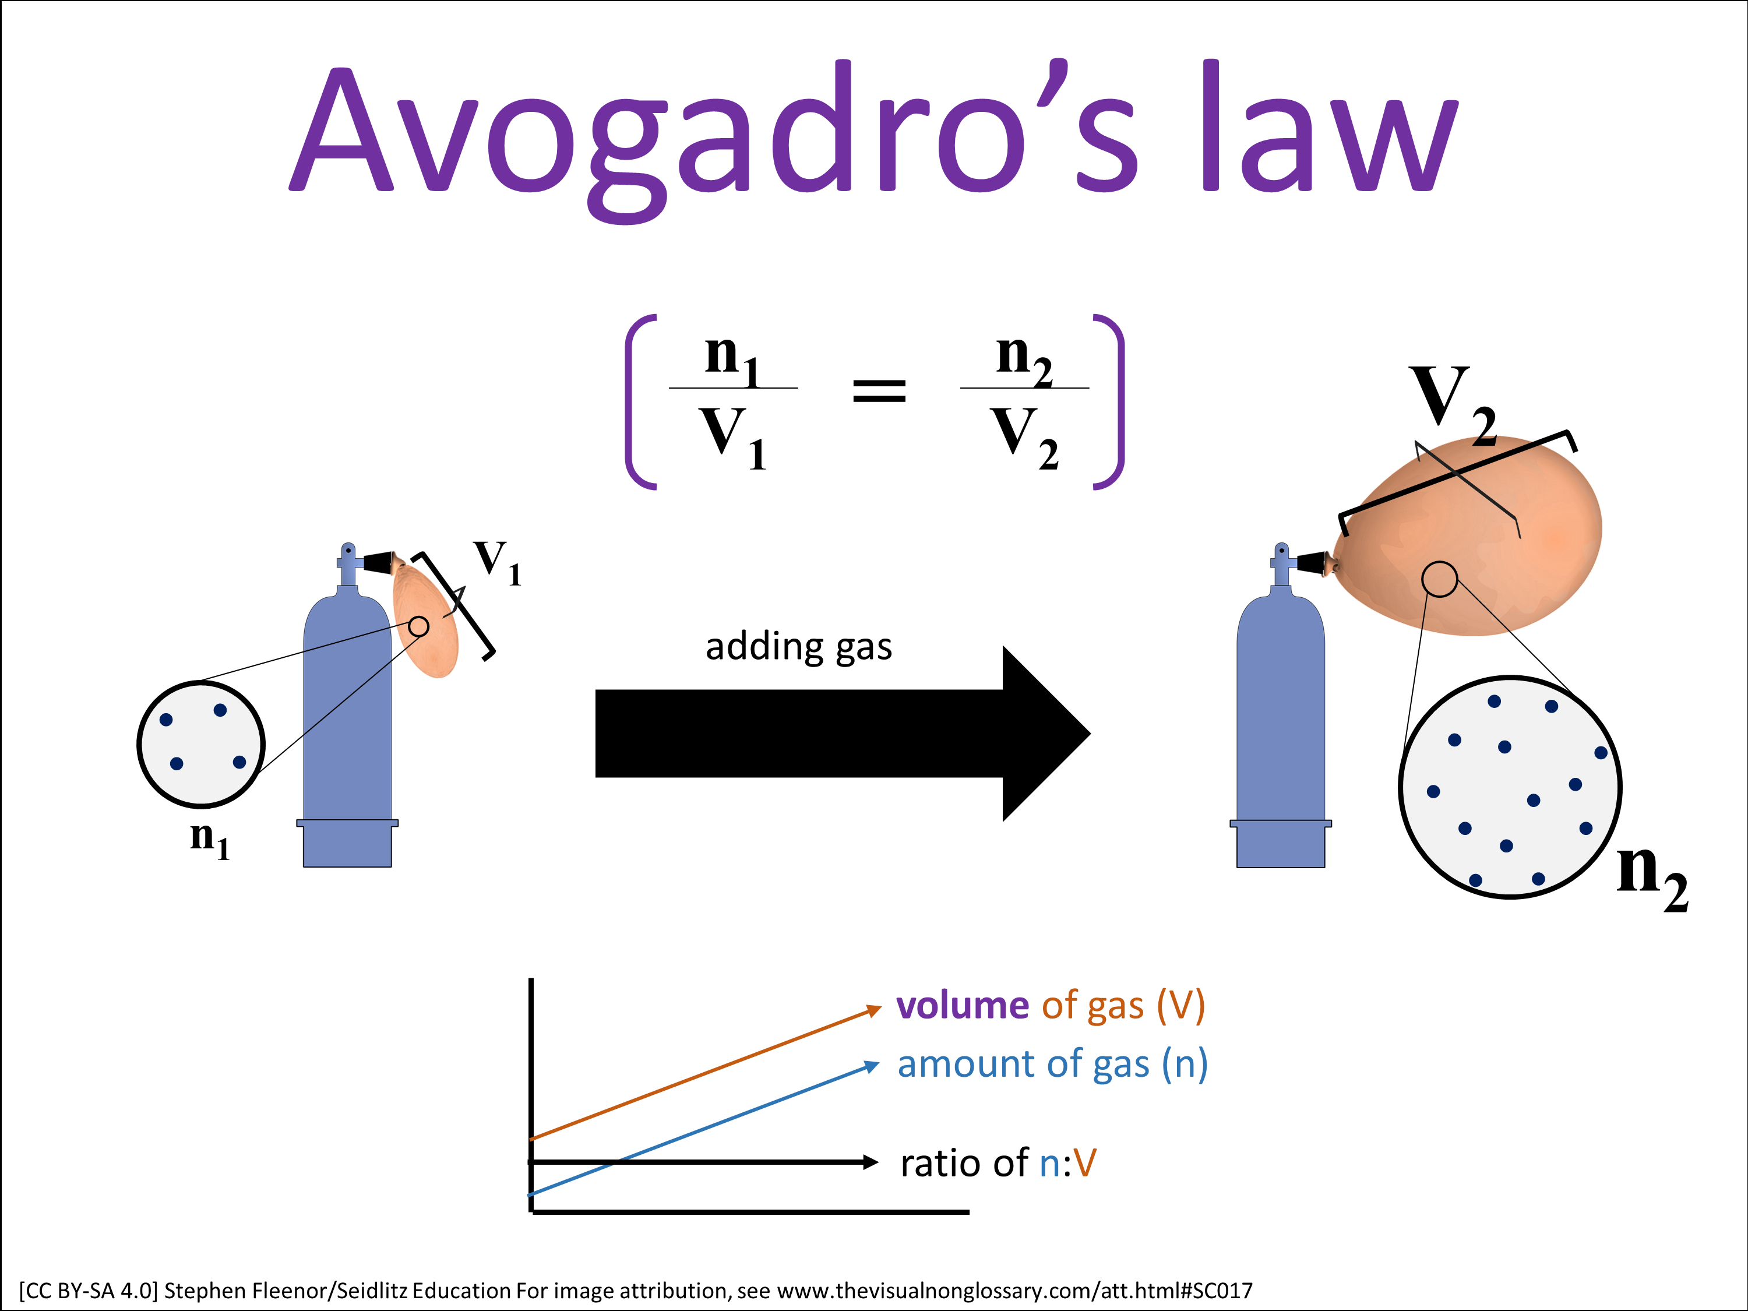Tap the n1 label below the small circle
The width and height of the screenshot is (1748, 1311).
tap(209, 838)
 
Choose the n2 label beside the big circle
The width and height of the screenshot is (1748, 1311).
tap(1652, 876)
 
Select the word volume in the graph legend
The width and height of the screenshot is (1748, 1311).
tap(962, 1006)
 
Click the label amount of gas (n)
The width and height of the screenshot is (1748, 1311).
tap(1053, 1065)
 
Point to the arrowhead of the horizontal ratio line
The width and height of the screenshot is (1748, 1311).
tap(871, 1162)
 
